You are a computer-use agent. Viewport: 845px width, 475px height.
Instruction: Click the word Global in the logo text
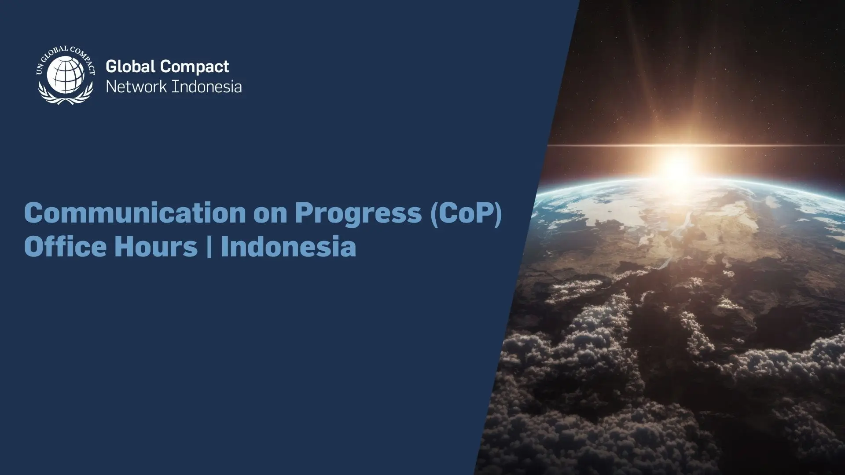pyautogui.click(x=131, y=66)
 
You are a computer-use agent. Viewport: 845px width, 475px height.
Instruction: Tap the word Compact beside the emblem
pyautogui.click(x=195, y=67)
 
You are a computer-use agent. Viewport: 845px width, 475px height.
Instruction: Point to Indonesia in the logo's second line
pyautogui.click(x=207, y=87)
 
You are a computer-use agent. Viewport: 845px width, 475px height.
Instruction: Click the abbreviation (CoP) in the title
pyautogui.click(x=466, y=213)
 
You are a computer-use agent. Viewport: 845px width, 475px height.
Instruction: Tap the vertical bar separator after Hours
pyautogui.click(x=209, y=247)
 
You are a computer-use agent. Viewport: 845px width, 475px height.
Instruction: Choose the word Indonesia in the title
pyautogui.click(x=288, y=246)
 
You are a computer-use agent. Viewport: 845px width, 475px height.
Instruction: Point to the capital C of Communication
pyautogui.click(x=34, y=213)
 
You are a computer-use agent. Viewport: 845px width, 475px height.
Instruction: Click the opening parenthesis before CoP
pyautogui.click(x=434, y=214)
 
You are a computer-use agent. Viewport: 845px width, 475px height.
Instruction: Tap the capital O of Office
pyautogui.click(x=35, y=246)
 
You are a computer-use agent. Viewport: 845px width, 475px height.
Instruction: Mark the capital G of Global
pyautogui.click(x=112, y=66)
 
